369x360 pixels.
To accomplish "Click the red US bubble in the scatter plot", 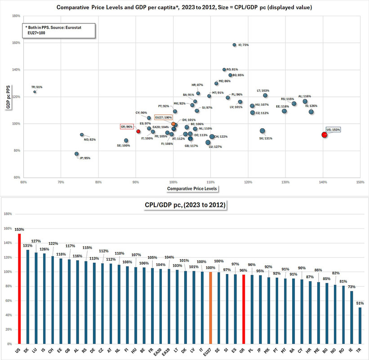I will click(325, 135).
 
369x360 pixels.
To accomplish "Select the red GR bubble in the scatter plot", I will click(138, 132).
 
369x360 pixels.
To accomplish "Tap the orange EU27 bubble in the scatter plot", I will click(173, 124).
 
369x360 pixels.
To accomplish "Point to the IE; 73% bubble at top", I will click(235, 45).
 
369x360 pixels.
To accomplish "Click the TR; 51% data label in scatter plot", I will click(37, 87).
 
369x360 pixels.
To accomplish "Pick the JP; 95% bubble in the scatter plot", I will click(77, 154).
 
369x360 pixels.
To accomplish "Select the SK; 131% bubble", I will click(262, 131).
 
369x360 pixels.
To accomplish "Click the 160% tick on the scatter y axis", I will click(16, 43).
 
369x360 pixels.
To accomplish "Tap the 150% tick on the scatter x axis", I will click(360, 182).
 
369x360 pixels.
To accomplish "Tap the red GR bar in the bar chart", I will click(243, 309).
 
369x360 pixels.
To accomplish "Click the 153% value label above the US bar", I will click(19, 229).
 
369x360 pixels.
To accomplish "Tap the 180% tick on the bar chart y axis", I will click(8, 214).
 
